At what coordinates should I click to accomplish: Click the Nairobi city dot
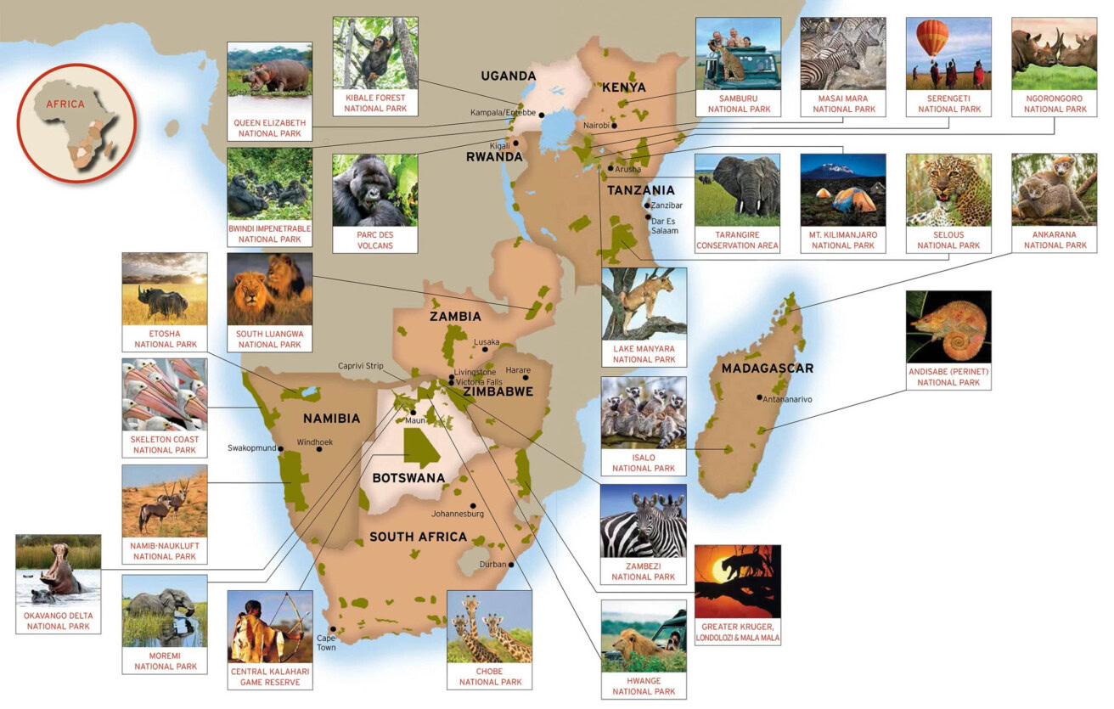pos(613,126)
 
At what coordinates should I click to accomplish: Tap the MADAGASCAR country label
pos(767,369)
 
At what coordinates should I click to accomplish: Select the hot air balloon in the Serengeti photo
pos(932,39)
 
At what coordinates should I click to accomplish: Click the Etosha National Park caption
pos(165,339)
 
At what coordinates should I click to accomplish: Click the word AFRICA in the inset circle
pos(65,104)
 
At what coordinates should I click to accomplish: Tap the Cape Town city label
pos(326,642)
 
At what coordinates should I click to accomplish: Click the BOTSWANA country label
pos(408,478)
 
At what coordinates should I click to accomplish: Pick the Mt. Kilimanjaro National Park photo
pos(842,189)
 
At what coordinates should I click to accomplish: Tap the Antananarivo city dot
pos(759,397)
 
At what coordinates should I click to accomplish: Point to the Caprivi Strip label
pos(361,366)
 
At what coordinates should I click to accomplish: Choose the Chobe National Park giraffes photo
pos(489,627)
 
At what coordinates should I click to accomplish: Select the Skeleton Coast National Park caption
pos(165,444)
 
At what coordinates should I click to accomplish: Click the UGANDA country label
pos(509,76)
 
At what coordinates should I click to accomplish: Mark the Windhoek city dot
pos(319,449)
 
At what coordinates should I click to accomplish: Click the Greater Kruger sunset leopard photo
pos(737,581)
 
